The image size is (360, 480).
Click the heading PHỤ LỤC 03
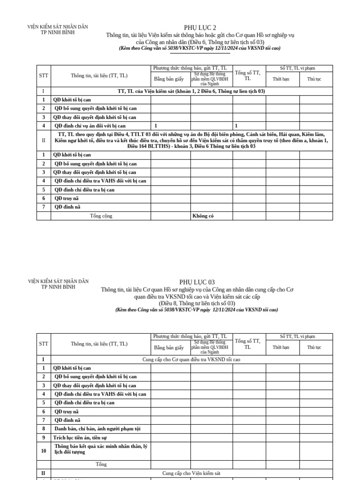[197, 282]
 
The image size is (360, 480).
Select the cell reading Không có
[205, 216]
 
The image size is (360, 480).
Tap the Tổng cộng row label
[101, 216]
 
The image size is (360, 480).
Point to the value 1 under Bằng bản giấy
[156, 126]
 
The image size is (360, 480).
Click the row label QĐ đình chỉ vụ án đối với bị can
[90, 126]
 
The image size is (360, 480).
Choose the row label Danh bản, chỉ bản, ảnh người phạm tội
[97, 428]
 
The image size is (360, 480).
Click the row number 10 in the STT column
[44, 450]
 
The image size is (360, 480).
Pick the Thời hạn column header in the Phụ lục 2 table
[281, 79]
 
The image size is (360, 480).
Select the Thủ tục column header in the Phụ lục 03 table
[314, 347]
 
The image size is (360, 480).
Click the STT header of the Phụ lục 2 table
[44, 75]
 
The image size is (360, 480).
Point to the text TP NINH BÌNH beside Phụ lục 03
[58, 287]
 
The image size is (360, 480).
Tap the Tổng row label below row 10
[101, 464]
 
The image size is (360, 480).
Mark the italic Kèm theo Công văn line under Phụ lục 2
[200, 48]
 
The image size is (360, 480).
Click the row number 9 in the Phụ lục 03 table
[44, 437]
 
